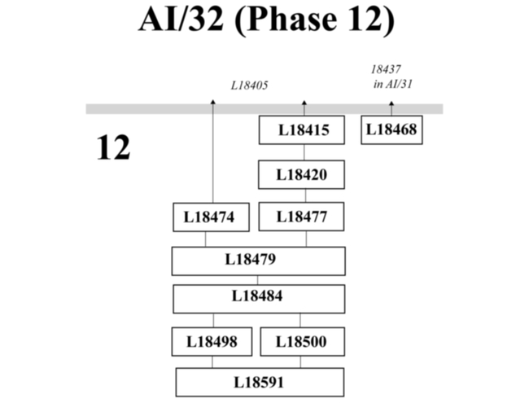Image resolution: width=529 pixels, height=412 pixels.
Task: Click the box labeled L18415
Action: (304, 130)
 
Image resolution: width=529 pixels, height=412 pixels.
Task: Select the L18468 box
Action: (391, 130)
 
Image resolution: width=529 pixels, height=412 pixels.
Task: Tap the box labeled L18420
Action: (304, 174)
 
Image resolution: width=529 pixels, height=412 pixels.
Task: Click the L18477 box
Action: (304, 217)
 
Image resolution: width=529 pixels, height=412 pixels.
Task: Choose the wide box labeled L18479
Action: (258, 261)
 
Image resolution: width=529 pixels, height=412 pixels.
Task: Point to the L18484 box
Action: (258, 298)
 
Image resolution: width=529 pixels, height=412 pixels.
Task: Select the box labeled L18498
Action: (212, 341)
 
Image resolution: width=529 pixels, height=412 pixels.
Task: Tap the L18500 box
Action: (301, 341)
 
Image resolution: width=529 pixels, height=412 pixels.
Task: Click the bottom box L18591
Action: (260, 382)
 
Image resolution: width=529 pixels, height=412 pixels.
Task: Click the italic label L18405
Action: (250, 84)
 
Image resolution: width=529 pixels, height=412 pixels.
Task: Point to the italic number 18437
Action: (387, 70)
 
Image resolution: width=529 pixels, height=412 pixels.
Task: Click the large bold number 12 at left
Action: (113, 149)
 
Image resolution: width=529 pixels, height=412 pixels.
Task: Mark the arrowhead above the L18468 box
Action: (391, 103)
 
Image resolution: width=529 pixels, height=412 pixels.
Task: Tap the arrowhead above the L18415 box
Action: (304, 103)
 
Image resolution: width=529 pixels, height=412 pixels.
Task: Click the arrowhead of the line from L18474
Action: (213, 102)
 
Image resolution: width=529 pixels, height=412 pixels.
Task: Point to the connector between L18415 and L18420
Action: (304, 152)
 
